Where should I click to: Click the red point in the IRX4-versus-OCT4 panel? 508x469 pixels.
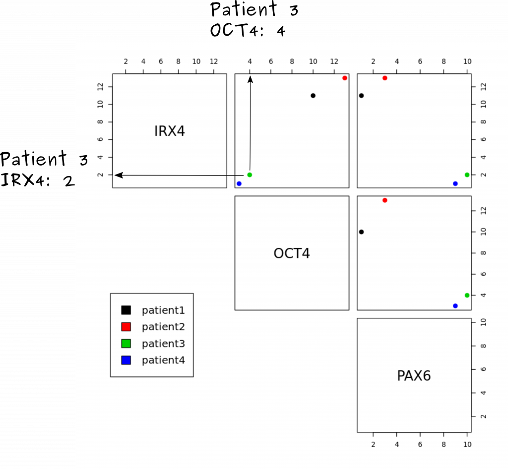(345, 78)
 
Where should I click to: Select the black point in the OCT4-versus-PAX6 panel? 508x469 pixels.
(361, 232)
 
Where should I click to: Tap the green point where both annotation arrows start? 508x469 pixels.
(250, 175)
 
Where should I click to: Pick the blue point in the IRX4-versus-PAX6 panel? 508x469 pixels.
(455, 183)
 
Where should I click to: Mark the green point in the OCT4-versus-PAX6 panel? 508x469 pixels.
(467, 295)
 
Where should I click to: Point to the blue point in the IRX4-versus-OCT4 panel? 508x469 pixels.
(239, 183)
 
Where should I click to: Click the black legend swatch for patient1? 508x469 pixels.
(126, 310)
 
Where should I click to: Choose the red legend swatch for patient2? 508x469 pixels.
(126, 327)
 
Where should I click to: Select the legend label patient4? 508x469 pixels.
(163, 360)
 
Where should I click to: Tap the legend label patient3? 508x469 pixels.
(163, 344)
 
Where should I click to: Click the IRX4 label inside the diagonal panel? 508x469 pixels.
(170, 131)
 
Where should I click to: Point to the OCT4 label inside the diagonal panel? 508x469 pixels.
(292, 253)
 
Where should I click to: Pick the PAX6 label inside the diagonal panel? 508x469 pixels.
(414, 376)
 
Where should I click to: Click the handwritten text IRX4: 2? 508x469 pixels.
(38, 180)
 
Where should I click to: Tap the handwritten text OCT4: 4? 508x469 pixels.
(248, 30)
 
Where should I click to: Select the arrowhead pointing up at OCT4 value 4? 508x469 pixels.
(250, 79)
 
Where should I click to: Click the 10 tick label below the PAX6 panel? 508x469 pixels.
(467, 444)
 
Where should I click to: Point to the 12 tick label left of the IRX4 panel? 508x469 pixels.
(100, 87)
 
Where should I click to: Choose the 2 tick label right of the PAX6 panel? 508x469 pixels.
(483, 416)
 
